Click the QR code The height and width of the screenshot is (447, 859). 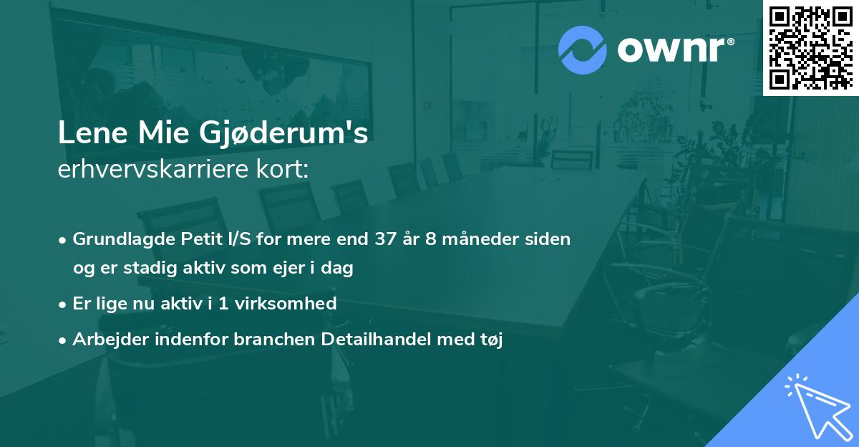pos(810,47)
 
